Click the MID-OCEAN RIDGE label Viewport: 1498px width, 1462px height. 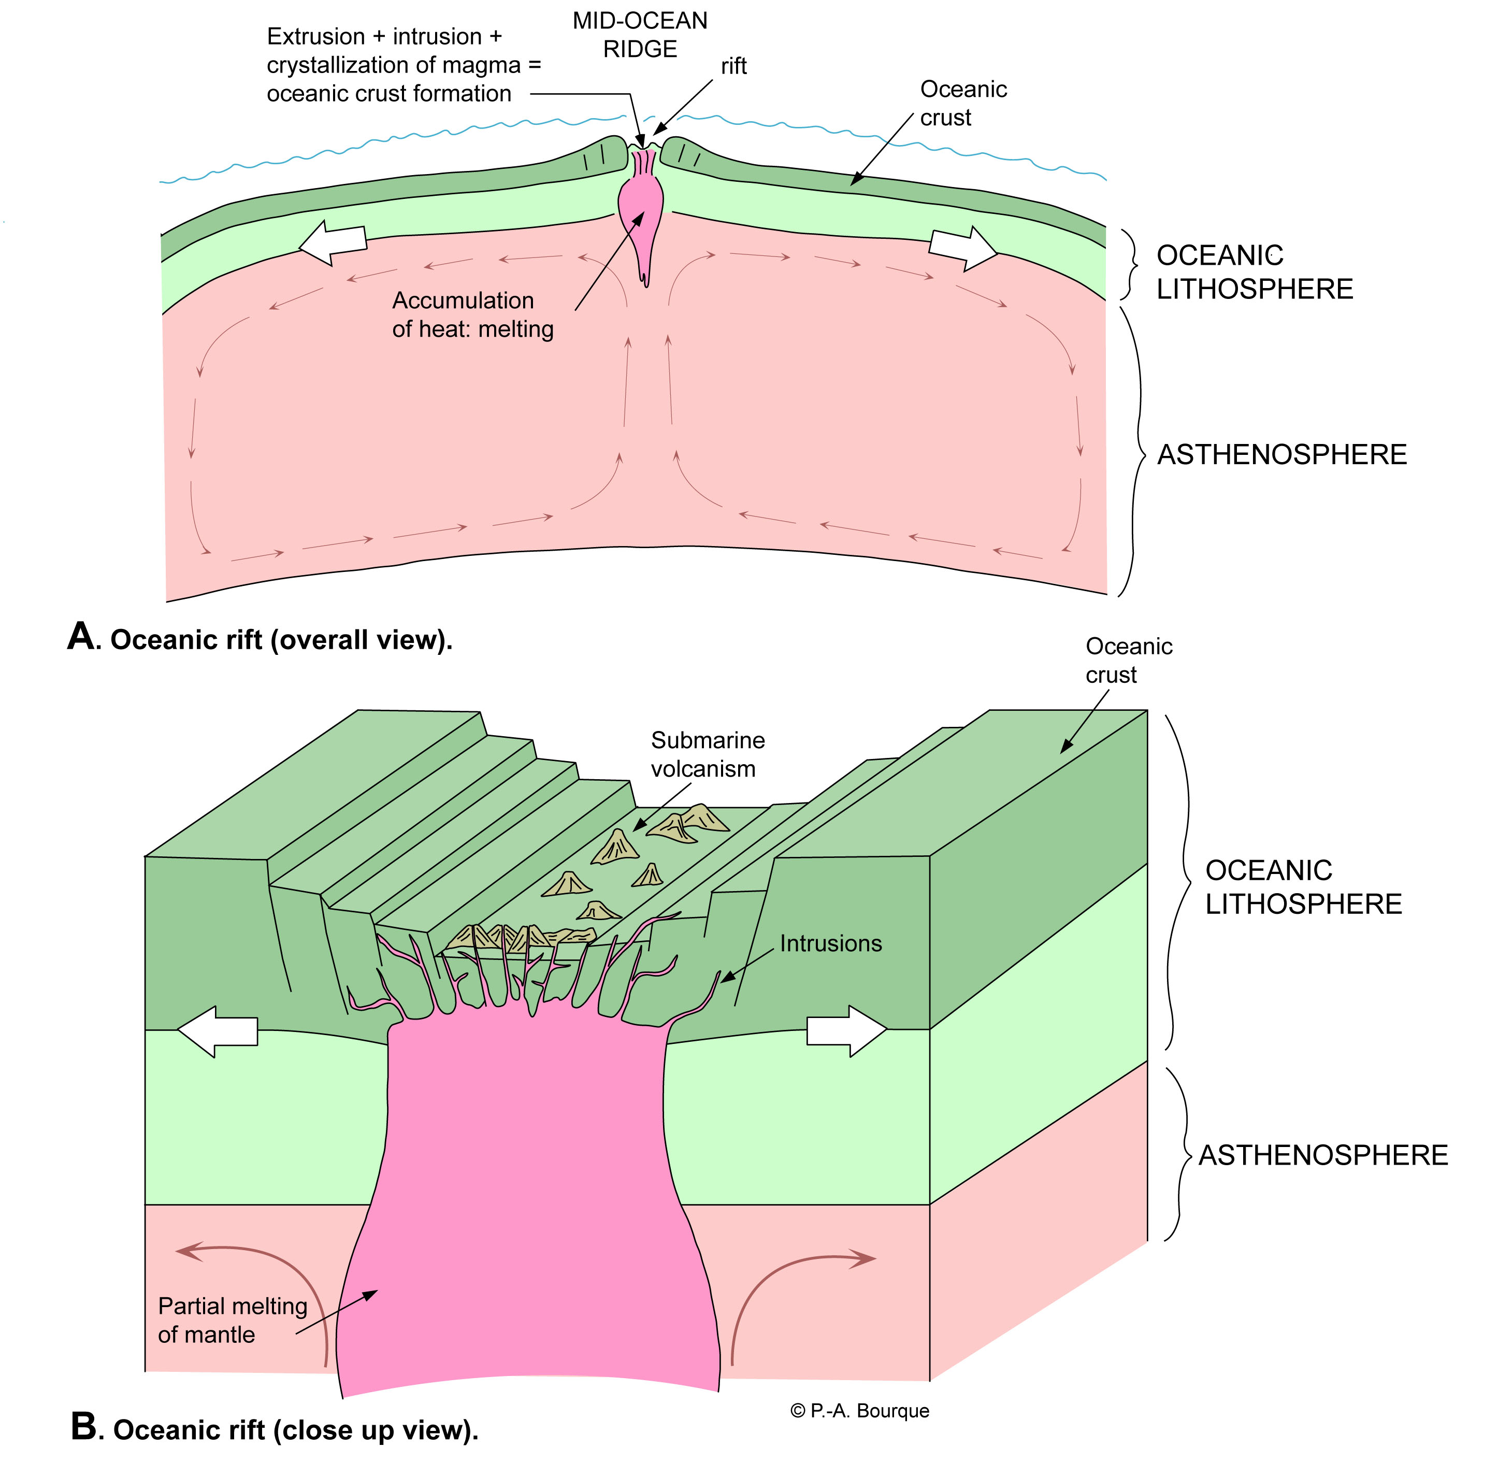pos(640,35)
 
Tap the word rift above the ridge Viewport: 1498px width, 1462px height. pos(733,67)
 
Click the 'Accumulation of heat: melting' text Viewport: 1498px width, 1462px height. pos(472,315)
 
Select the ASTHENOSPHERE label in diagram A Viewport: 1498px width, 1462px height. pos(1281,454)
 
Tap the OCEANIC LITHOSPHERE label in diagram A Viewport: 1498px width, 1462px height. pos(1254,272)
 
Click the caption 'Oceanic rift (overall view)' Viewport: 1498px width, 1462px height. pos(261,639)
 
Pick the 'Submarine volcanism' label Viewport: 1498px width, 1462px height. pos(707,754)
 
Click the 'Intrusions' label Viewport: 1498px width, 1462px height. pos(831,944)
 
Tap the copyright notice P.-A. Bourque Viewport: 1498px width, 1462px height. pos(859,1411)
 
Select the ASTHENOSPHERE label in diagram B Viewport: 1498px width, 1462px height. pos(1323,1155)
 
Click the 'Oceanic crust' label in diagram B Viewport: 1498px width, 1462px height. pos(1128,661)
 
